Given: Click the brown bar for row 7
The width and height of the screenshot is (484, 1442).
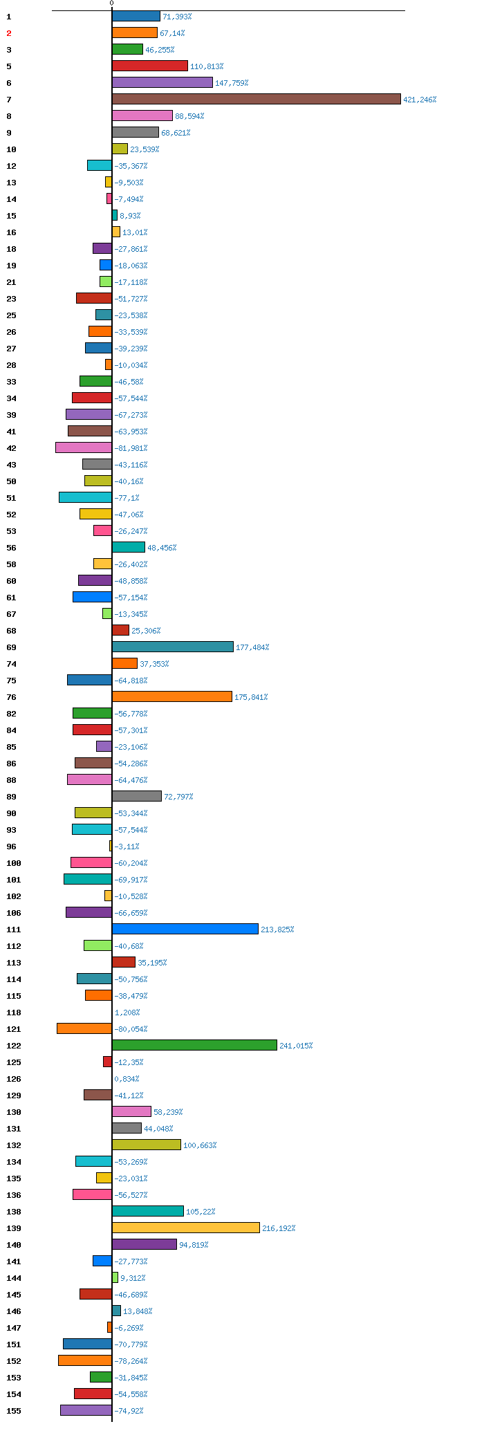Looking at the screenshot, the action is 257,100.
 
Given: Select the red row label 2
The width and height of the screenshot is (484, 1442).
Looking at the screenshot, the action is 9,33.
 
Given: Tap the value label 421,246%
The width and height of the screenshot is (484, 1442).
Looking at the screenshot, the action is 420,100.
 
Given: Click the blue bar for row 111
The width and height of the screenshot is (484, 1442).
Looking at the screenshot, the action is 185,930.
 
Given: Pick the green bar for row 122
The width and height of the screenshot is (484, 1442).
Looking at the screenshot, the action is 194,1046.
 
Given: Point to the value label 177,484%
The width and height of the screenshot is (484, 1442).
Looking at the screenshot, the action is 252,647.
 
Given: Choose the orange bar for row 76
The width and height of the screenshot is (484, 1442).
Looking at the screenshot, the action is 172,697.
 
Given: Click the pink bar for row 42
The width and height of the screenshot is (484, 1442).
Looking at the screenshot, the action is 84,448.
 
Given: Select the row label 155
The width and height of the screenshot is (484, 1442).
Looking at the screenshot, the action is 14,1411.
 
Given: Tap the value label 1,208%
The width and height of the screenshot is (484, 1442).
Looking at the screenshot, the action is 127,1013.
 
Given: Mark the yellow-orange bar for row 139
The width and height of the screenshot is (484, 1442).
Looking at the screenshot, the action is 186,1228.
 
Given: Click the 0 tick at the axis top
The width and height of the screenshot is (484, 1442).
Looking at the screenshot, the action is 111,3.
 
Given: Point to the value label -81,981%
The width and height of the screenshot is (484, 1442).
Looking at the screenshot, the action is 131,448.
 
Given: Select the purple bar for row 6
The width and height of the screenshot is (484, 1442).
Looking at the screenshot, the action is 162,83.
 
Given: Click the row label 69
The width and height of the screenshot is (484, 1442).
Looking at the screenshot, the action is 11,647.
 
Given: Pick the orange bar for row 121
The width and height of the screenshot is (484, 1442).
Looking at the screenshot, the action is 84,1029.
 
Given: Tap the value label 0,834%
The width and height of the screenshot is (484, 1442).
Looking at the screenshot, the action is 127,1079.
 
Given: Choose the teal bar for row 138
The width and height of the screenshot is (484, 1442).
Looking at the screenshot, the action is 148,1212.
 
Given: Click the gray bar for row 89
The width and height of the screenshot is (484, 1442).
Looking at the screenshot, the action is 137,797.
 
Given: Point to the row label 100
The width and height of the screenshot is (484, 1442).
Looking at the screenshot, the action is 14,863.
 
